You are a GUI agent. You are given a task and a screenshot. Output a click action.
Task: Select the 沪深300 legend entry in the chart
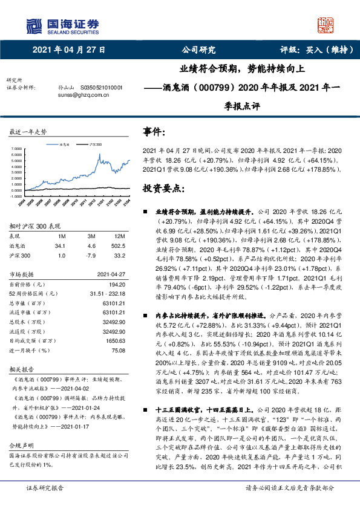(x=95, y=145)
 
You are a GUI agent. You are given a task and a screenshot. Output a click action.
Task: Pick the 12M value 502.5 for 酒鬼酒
(x=118, y=245)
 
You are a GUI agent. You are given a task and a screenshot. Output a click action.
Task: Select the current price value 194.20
(x=117, y=284)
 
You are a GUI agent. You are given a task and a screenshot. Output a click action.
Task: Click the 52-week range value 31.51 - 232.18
(x=106, y=293)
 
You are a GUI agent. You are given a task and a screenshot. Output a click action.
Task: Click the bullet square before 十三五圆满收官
(x=146, y=427)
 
